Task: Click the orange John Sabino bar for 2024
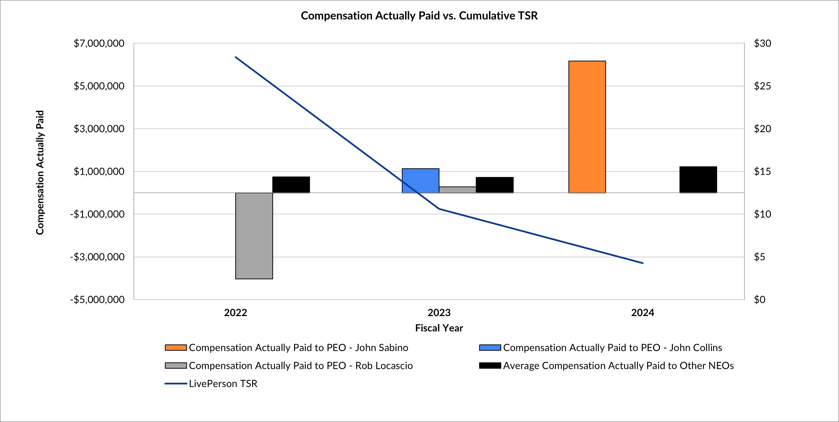pyautogui.click(x=587, y=127)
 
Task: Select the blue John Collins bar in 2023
pyautogui.click(x=420, y=181)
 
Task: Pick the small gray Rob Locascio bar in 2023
pyautogui.click(x=457, y=190)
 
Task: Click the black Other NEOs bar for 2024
pyautogui.click(x=698, y=180)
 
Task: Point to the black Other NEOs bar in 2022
pyautogui.click(x=291, y=185)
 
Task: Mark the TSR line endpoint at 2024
pyautogui.click(x=643, y=263)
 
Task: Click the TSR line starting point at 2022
pyautogui.click(x=235, y=57)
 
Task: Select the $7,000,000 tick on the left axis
pyautogui.click(x=99, y=43)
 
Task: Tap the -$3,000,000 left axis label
pyautogui.click(x=97, y=257)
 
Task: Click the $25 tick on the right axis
pyautogui.click(x=762, y=86)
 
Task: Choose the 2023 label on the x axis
pyautogui.click(x=439, y=313)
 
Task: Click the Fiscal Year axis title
pyautogui.click(x=439, y=328)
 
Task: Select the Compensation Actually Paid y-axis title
pyautogui.click(x=40, y=172)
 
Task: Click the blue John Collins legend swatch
pyautogui.click(x=490, y=348)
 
